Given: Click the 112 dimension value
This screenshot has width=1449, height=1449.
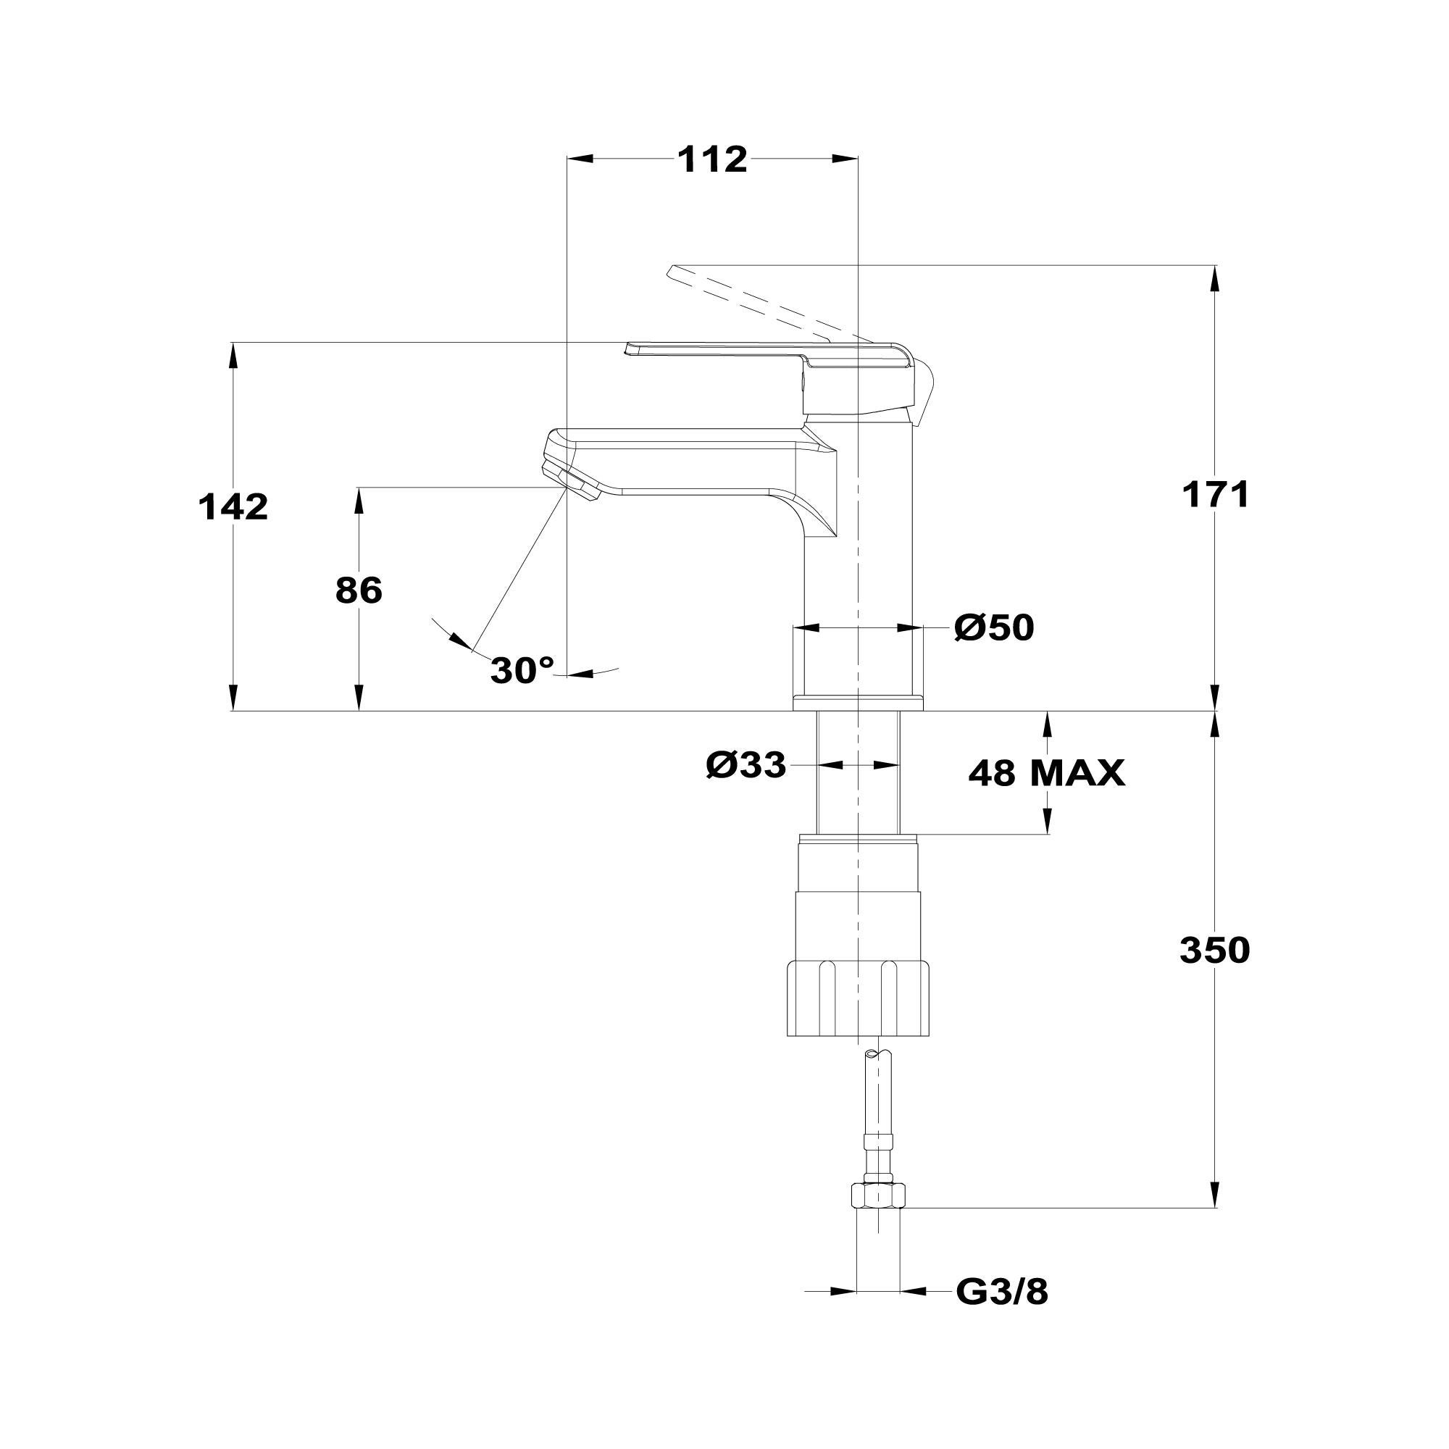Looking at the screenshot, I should click(711, 159).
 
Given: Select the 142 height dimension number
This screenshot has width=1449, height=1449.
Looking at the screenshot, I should click(233, 508).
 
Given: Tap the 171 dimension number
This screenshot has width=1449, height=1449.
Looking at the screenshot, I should click(1216, 495).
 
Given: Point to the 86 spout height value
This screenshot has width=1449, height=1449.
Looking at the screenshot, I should click(359, 591).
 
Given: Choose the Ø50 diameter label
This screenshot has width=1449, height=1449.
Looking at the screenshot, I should click(994, 627).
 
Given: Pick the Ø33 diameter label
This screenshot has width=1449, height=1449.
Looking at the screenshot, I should click(746, 766).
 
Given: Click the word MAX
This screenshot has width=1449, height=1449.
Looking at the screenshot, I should click(1077, 772).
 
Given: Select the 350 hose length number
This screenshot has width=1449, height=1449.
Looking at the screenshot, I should click(1214, 951).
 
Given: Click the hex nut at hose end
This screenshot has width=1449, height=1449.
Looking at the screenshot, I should click(878, 1195).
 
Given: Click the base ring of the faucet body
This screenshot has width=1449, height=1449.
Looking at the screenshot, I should click(857, 702).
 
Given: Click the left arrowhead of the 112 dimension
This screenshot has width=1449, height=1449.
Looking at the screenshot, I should click(580, 159).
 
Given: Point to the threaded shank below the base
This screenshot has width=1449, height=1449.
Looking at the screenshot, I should click(857, 772).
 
